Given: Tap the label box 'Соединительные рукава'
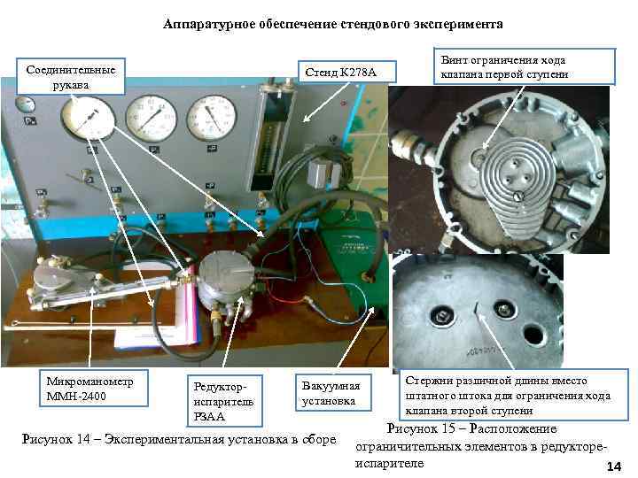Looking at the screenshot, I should [x=71, y=76].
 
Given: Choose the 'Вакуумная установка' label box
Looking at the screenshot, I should [x=331, y=394].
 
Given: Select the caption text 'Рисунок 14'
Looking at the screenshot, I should [x=177, y=437].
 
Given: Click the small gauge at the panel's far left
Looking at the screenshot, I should [x=26, y=105].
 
